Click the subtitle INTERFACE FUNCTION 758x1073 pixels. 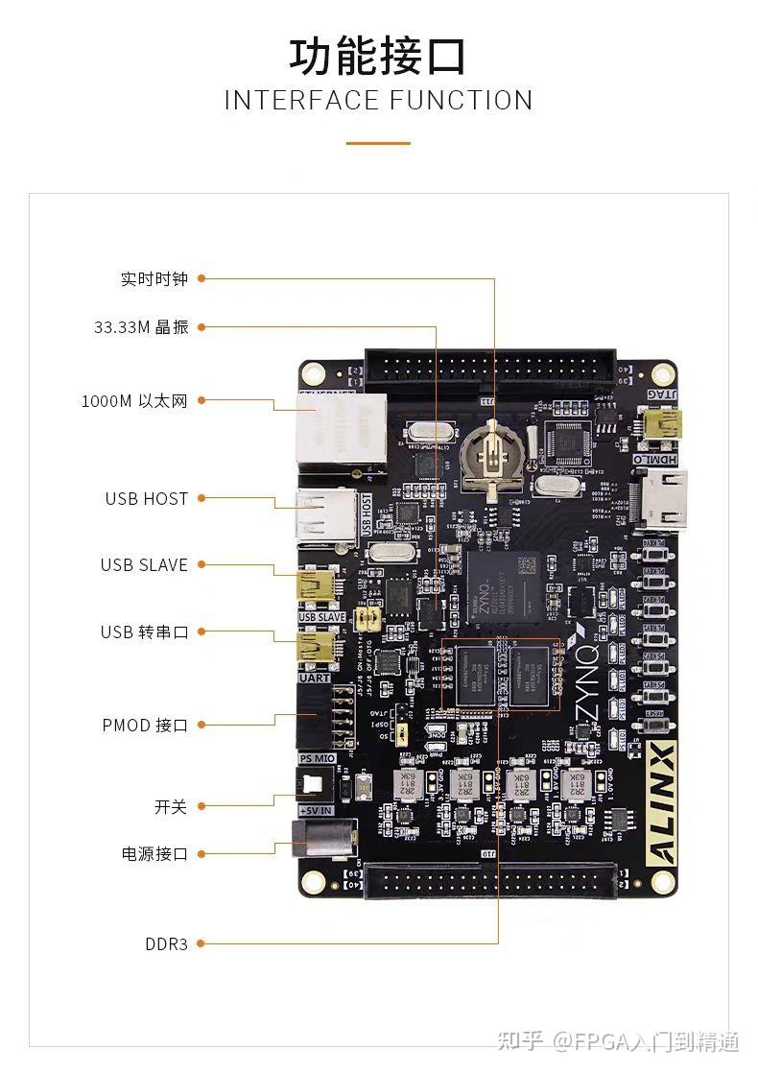378,100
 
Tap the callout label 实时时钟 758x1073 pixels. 154,279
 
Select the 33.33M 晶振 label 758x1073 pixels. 141,327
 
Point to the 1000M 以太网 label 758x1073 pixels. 134,401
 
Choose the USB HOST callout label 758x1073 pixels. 147,499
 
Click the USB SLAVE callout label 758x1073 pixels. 144,565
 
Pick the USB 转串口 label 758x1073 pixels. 145,632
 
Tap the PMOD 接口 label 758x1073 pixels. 145,726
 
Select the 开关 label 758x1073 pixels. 171,807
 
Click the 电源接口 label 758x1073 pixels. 154,854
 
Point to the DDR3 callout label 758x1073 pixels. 166,944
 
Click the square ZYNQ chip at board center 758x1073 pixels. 501,589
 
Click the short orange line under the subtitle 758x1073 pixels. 378,144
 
